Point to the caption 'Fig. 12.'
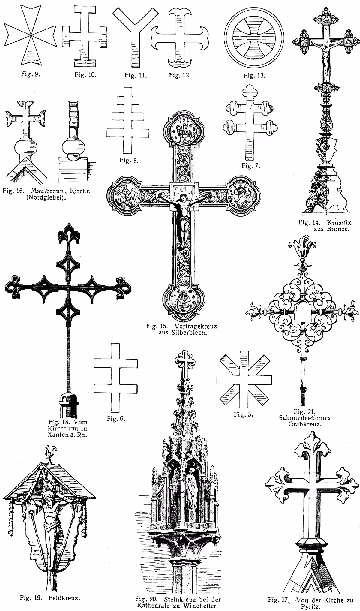(180, 74)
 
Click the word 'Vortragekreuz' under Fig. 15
(195, 326)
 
